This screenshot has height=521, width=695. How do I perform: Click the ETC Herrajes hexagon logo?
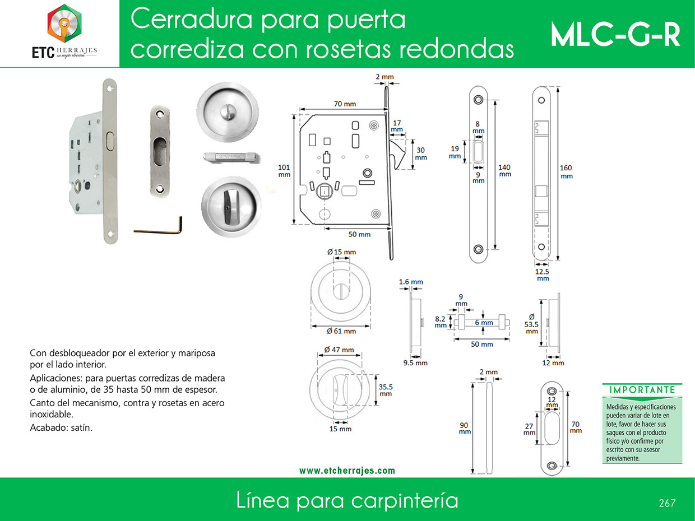(64, 24)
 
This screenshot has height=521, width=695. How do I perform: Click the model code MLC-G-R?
(615, 35)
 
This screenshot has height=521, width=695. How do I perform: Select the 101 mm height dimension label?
(284, 171)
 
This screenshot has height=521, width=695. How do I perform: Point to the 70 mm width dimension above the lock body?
(345, 104)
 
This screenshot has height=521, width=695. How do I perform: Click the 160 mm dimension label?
(566, 172)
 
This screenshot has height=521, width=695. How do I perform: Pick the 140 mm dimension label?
(504, 170)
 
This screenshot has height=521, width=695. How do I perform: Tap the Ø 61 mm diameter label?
(341, 331)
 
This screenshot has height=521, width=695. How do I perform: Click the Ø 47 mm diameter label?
(339, 350)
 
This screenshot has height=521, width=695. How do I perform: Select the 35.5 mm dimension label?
(386, 390)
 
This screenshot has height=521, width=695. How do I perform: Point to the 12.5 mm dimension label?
(543, 275)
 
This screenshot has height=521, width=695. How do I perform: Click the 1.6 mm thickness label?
(411, 282)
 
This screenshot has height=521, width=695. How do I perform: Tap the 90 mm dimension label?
(465, 429)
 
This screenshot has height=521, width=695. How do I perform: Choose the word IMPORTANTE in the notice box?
(642, 390)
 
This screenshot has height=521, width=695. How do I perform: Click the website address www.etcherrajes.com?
(347, 471)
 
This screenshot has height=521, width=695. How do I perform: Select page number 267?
(667, 503)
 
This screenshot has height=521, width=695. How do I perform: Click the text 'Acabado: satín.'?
(61, 427)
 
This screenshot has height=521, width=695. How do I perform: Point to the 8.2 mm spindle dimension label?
(440, 322)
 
